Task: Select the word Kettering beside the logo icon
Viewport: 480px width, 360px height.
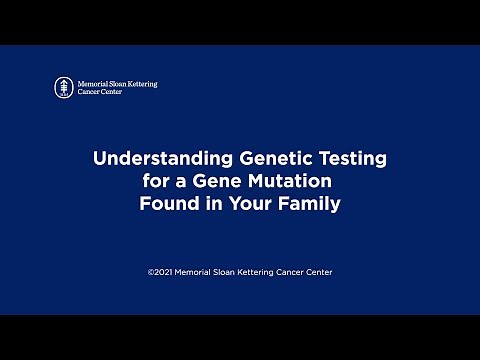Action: tap(140, 83)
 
